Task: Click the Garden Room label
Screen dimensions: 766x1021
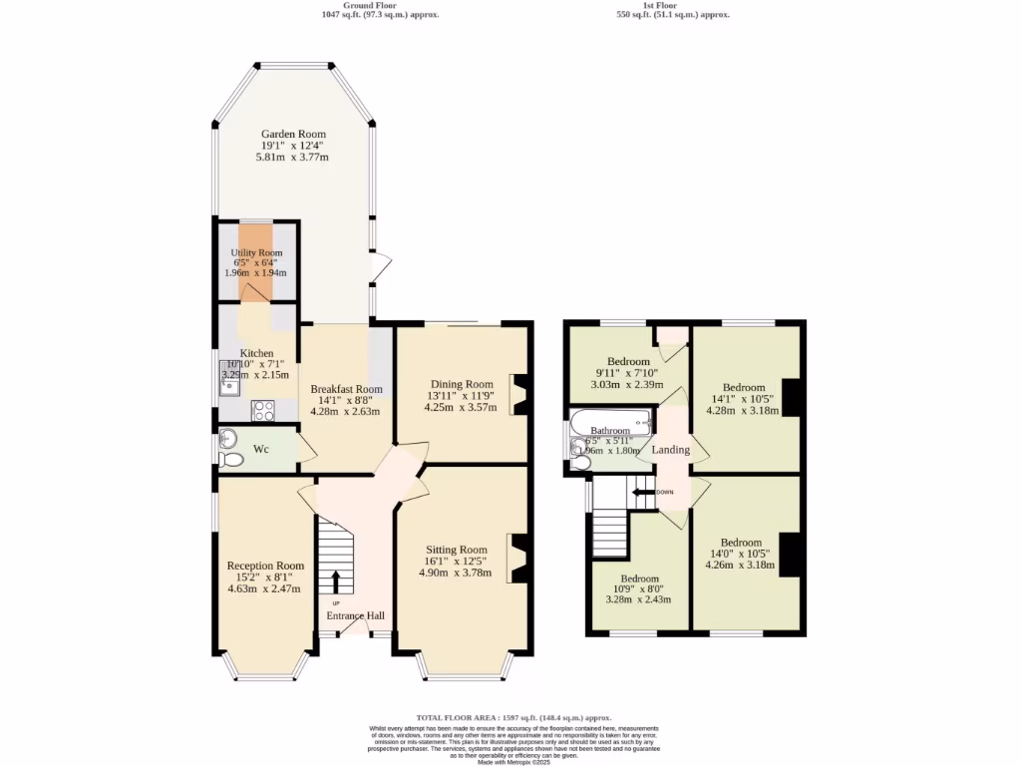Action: [x=293, y=134]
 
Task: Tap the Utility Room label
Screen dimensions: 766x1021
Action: [x=256, y=253]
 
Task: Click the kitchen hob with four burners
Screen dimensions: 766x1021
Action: [x=263, y=409]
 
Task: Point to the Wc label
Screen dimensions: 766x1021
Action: [x=260, y=450]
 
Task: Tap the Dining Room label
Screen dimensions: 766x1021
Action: [x=462, y=384]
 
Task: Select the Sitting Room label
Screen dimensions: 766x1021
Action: [x=457, y=550]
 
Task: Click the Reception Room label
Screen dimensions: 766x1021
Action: [x=265, y=566]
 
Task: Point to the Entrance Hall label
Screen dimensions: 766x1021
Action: [x=356, y=615]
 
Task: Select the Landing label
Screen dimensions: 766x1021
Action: [x=671, y=450]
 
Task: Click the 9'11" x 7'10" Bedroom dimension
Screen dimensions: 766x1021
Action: [x=628, y=373]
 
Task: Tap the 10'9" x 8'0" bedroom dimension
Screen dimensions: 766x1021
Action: [x=639, y=588]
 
